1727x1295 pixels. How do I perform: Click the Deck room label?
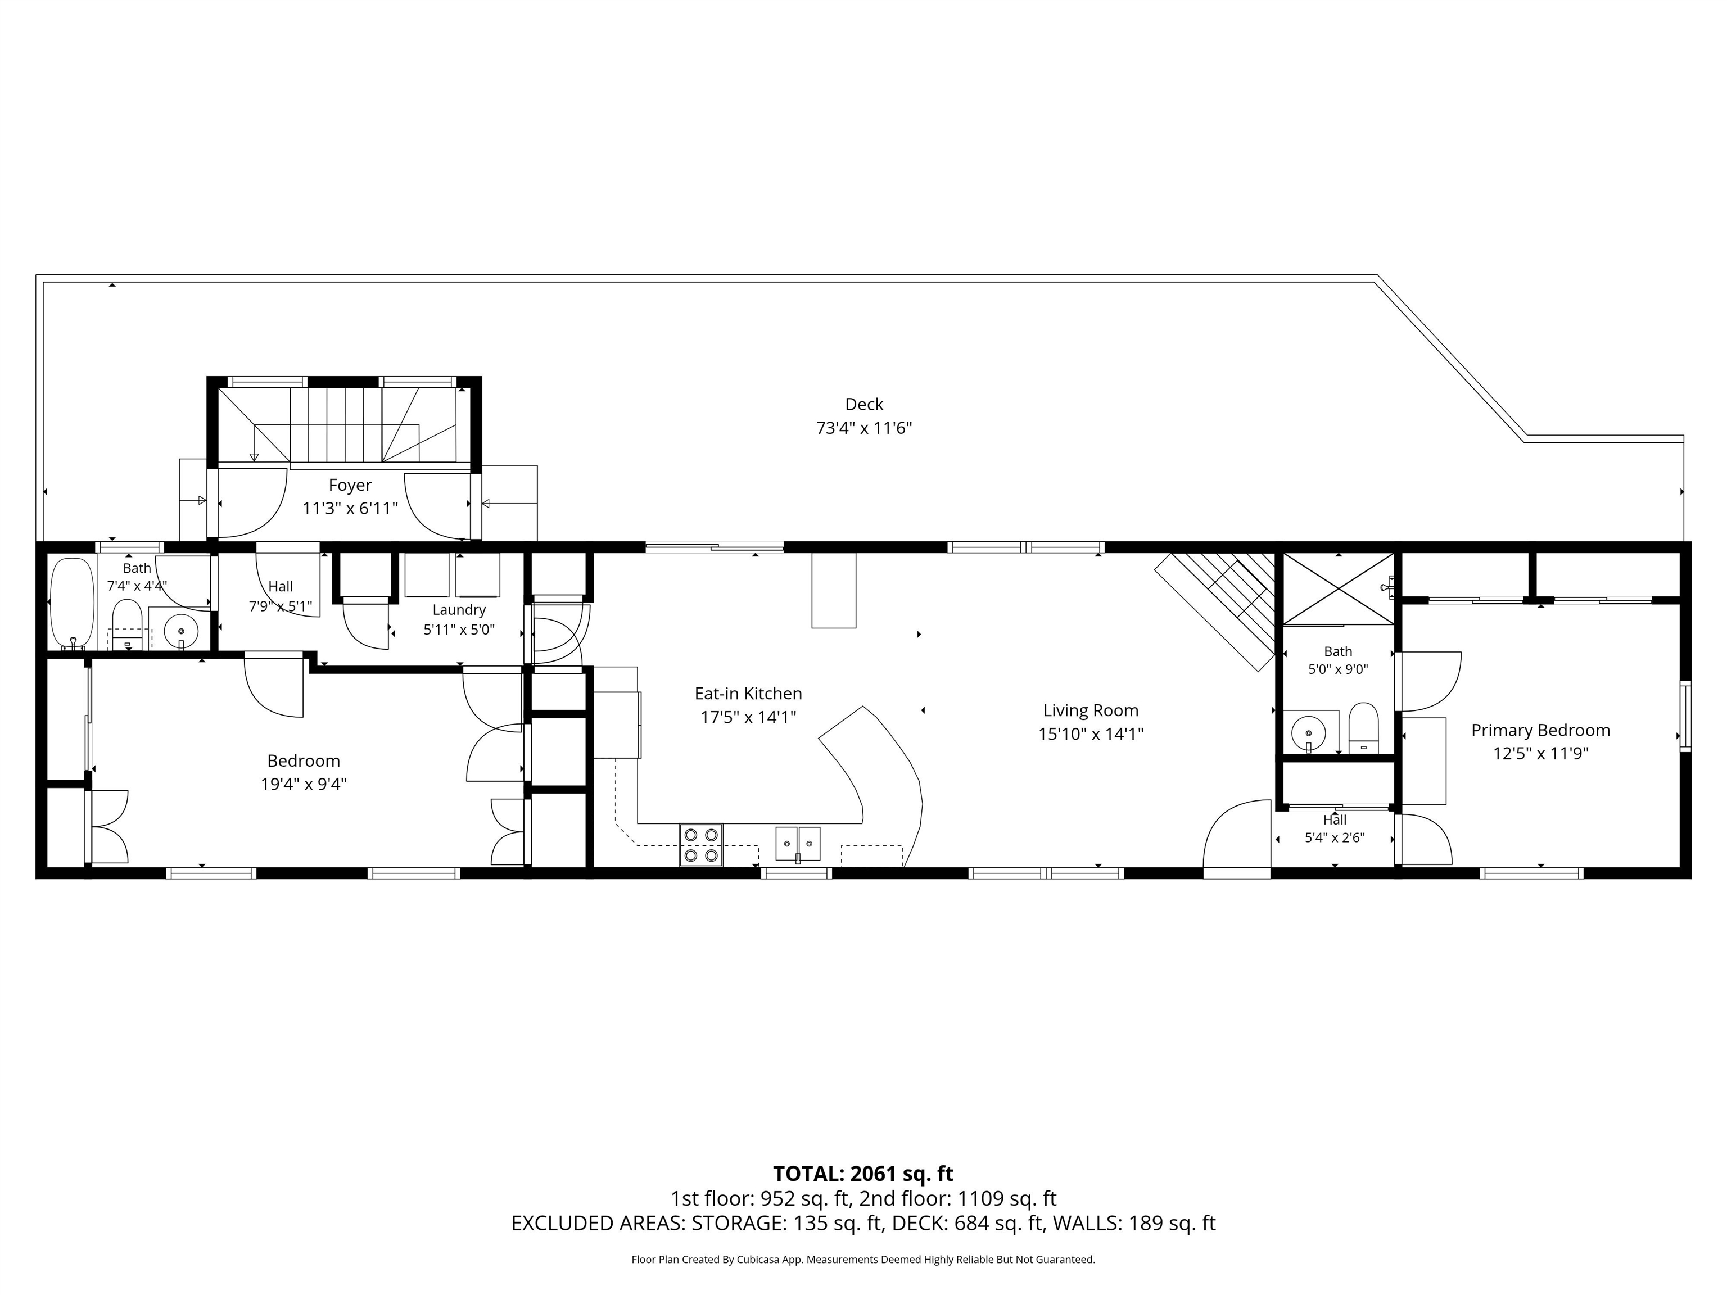864,404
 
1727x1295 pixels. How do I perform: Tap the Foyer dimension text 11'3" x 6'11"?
351,509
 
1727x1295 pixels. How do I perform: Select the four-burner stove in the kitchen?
700,845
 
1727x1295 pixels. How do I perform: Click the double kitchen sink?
798,844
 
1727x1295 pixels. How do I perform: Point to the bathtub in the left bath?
73,602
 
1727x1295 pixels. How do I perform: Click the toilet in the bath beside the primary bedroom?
1364,727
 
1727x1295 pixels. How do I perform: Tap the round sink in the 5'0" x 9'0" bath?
1309,733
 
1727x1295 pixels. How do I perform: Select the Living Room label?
1091,710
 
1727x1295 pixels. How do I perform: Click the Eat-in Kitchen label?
748,693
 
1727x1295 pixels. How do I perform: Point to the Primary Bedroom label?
1540,730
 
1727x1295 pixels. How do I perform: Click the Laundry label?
459,610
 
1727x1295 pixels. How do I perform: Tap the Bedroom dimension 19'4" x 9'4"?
304,784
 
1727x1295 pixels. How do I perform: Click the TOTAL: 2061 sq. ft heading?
863,1173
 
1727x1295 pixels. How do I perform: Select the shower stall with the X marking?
1338,588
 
